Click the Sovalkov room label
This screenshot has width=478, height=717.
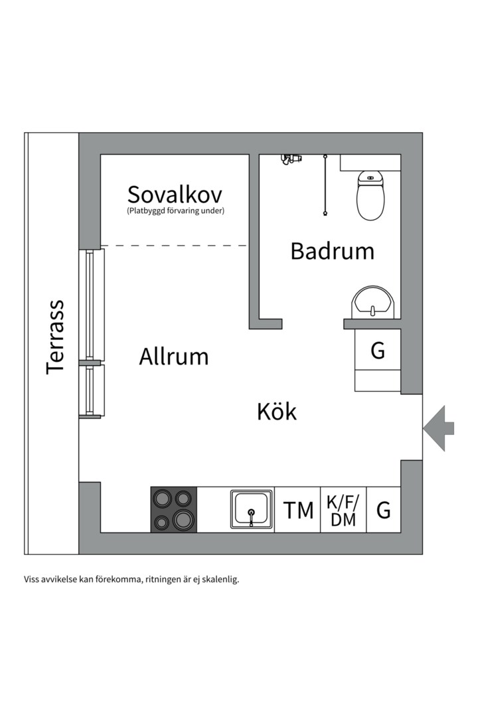175,195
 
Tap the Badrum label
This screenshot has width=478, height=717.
332,251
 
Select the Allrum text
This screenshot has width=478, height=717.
174,357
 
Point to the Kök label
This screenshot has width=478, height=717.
277,412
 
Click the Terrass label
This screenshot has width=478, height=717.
56,337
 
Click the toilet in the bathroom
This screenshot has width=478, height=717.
371,195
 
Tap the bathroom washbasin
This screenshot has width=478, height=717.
373,303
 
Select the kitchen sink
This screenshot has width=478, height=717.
252,510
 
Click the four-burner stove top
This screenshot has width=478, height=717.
174,509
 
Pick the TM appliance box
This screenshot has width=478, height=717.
298,510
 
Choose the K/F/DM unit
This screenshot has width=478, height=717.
343,510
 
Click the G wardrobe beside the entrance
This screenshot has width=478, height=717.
378,351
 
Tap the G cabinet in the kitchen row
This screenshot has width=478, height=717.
384,510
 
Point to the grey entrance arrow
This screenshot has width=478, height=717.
439,428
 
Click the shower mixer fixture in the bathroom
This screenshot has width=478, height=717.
290,158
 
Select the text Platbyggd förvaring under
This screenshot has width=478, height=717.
175,211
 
